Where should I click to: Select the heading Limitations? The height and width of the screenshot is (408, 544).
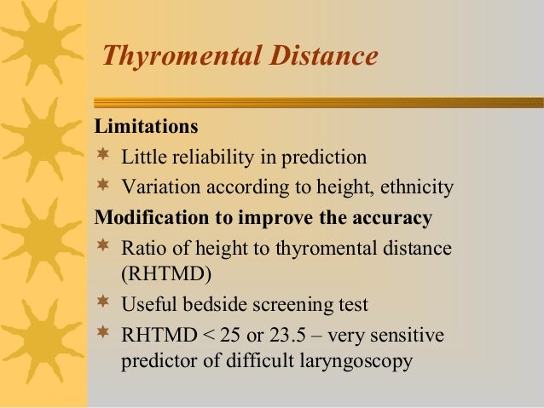[x=146, y=128]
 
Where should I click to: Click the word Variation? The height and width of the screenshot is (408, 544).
[x=158, y=187]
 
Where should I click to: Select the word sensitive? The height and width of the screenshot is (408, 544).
[x=413, y=335]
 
